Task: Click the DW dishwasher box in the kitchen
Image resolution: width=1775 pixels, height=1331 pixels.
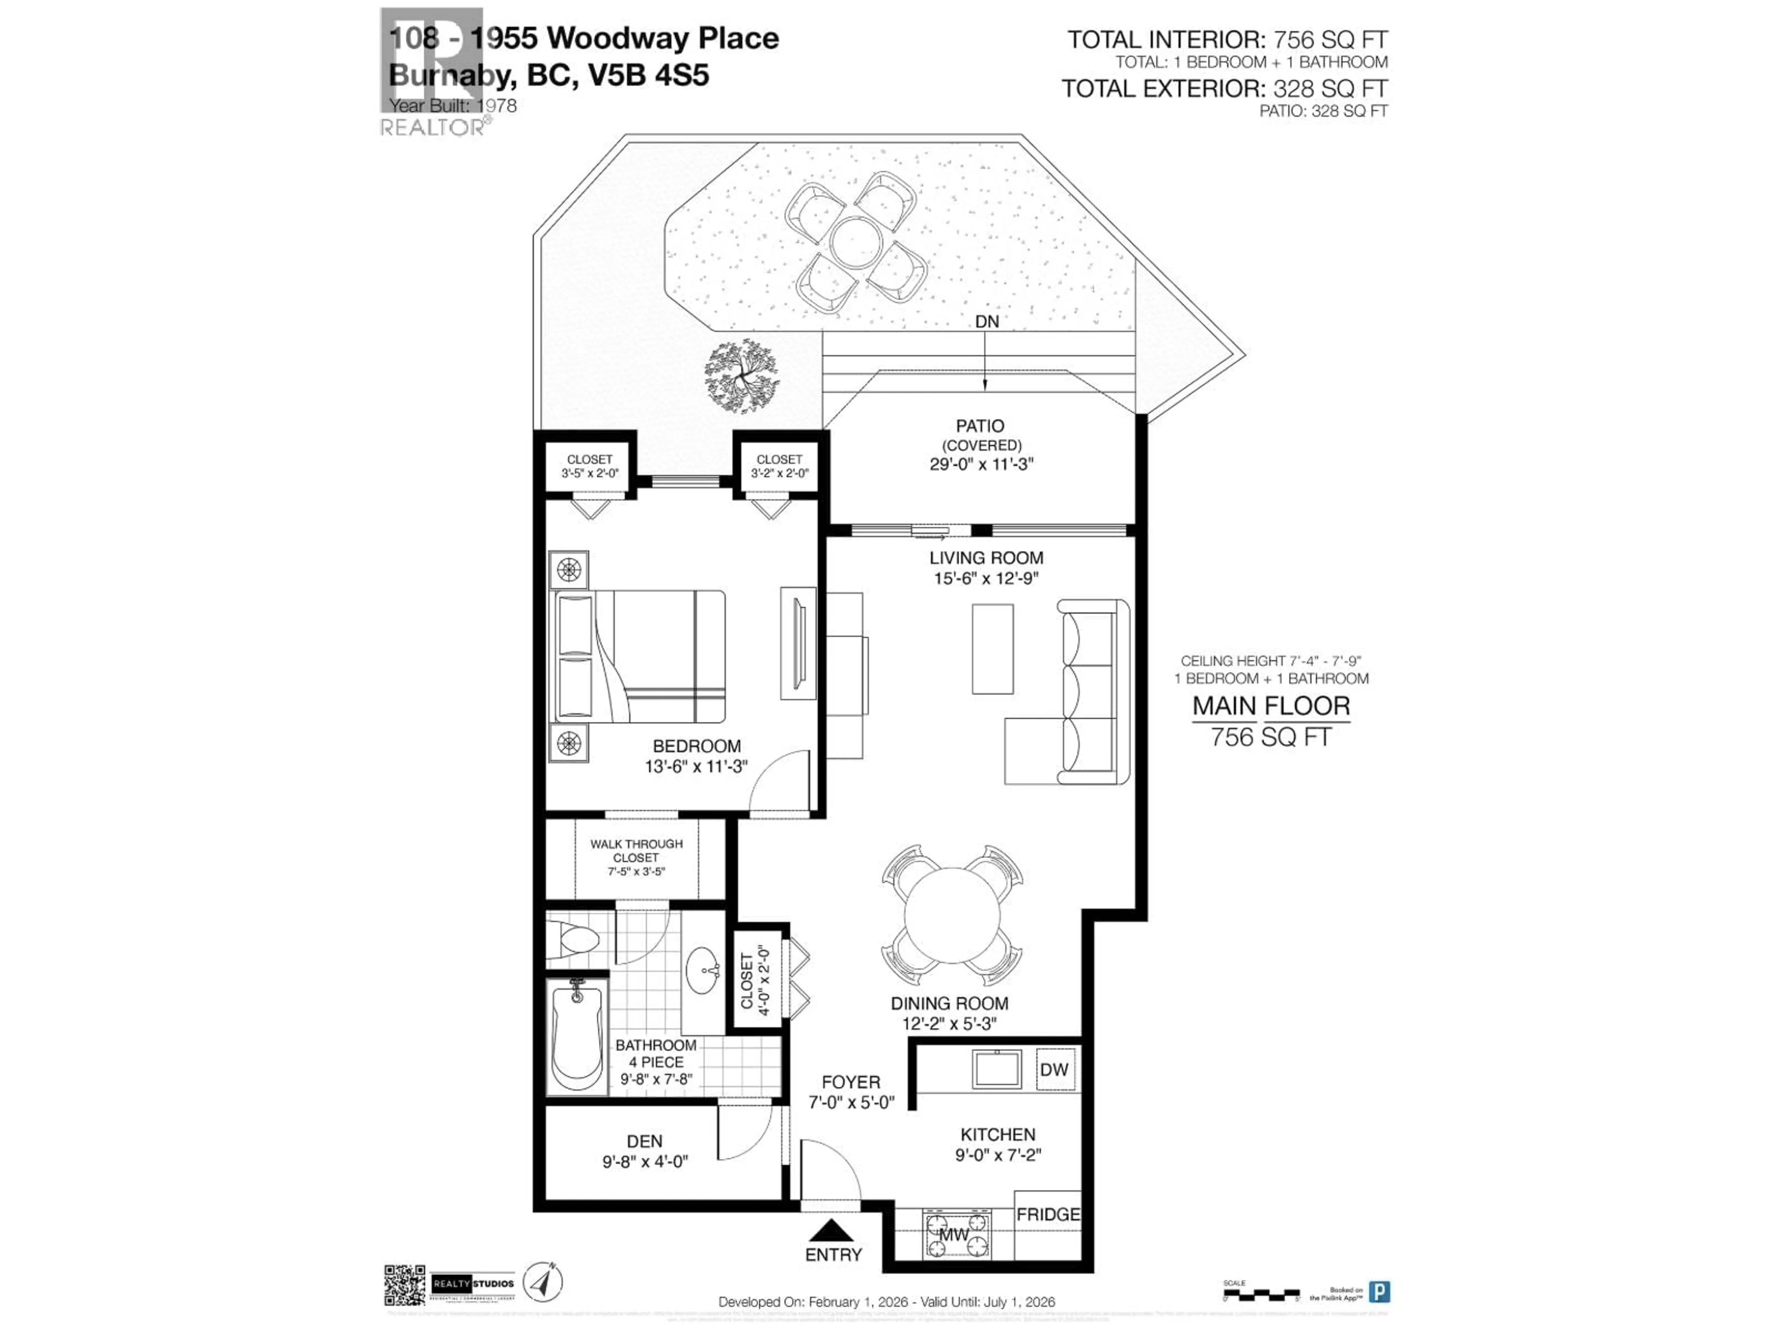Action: [1053, 1069]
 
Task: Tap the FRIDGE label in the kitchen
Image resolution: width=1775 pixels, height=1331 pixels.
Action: [1048, 1215]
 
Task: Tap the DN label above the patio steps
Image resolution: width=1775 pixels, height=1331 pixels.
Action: [986, 322]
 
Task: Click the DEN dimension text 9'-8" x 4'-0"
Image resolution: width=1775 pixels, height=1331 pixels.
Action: [645, 1161]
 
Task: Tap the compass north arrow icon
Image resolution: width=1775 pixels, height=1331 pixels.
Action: [543, 1281]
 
